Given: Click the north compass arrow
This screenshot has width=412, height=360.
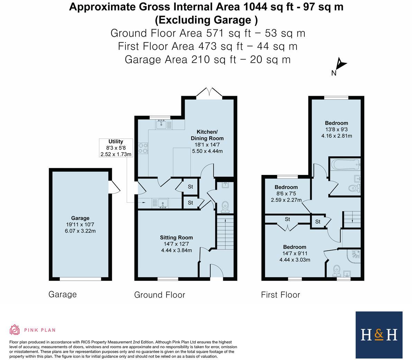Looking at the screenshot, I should click(x=341, y=64).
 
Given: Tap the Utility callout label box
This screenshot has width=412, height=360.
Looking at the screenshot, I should click(x=116, y=148).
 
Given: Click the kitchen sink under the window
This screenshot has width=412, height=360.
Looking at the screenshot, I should click(x=162, y=124).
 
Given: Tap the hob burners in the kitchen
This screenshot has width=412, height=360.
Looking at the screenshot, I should click(x=143, y=148).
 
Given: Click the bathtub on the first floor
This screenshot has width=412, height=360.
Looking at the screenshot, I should click(x=344, y=165).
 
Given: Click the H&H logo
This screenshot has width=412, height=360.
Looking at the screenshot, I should click(x=379, y=335).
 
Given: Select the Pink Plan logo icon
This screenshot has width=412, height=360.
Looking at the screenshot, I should click(x=15, y=330).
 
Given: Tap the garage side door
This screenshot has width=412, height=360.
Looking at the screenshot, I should click(x=114, y=187).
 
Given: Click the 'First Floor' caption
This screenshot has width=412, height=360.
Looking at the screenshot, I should click(x=280, y=295).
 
